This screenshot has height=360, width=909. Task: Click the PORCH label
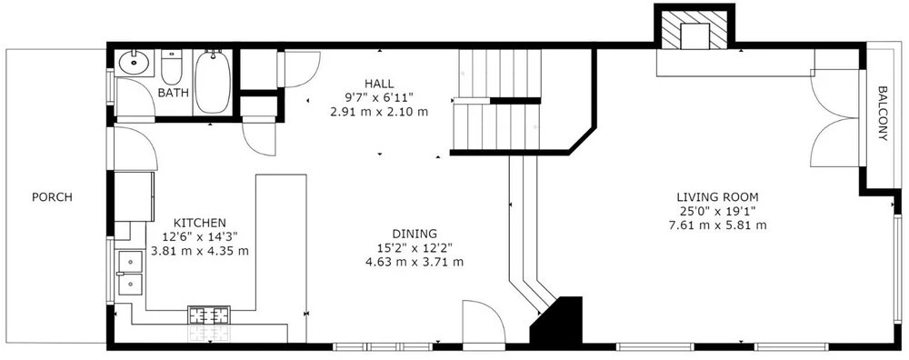coord(52,197)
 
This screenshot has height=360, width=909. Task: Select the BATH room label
coord(174,93)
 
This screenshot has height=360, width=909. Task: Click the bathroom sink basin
coord(135,63)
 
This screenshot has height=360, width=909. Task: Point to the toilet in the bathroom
coord(171,67)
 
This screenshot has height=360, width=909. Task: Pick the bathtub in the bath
coord(213,82)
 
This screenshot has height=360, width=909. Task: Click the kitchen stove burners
coord(209,315)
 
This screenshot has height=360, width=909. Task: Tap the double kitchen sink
coord(130,273)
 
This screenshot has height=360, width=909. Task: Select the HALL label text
coord(379,84)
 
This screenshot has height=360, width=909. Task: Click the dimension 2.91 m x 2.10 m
coord(379,111)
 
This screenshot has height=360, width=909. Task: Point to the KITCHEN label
coord(200,223)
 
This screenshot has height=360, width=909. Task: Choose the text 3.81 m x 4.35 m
coord(200,251)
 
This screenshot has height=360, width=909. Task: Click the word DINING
coord(415,234)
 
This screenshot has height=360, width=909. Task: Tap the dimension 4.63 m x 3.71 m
coord(415,262)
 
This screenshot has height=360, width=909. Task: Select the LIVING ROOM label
coord(718,197)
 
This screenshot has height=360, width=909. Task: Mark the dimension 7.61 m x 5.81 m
coord(718,225)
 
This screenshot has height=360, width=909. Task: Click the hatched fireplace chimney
coord(694,26)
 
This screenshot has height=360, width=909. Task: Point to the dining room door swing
coord(484,322)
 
